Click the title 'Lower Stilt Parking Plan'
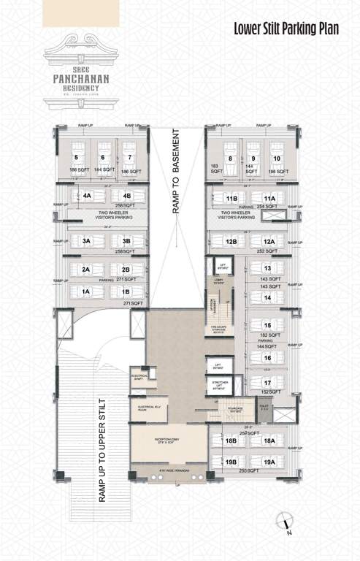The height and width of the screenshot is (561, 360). tap(291, 30)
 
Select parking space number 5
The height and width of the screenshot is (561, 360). tap(76, 156)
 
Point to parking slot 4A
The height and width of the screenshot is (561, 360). tap(87, 196)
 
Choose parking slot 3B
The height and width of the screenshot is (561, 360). tap(126, 241)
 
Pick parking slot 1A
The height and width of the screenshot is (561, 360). tap(87, 291)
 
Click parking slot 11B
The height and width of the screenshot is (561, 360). tap(232, 199)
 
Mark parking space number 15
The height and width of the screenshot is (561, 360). tap(268, 325)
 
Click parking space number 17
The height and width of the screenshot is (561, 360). tap(268, 382)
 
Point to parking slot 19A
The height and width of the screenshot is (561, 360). tap(269, 462)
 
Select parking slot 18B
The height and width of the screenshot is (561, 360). tap(231, 441)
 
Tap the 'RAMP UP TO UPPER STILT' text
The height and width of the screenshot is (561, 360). tap(102, 452)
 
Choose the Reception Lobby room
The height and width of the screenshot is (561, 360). tap(170, 443)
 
